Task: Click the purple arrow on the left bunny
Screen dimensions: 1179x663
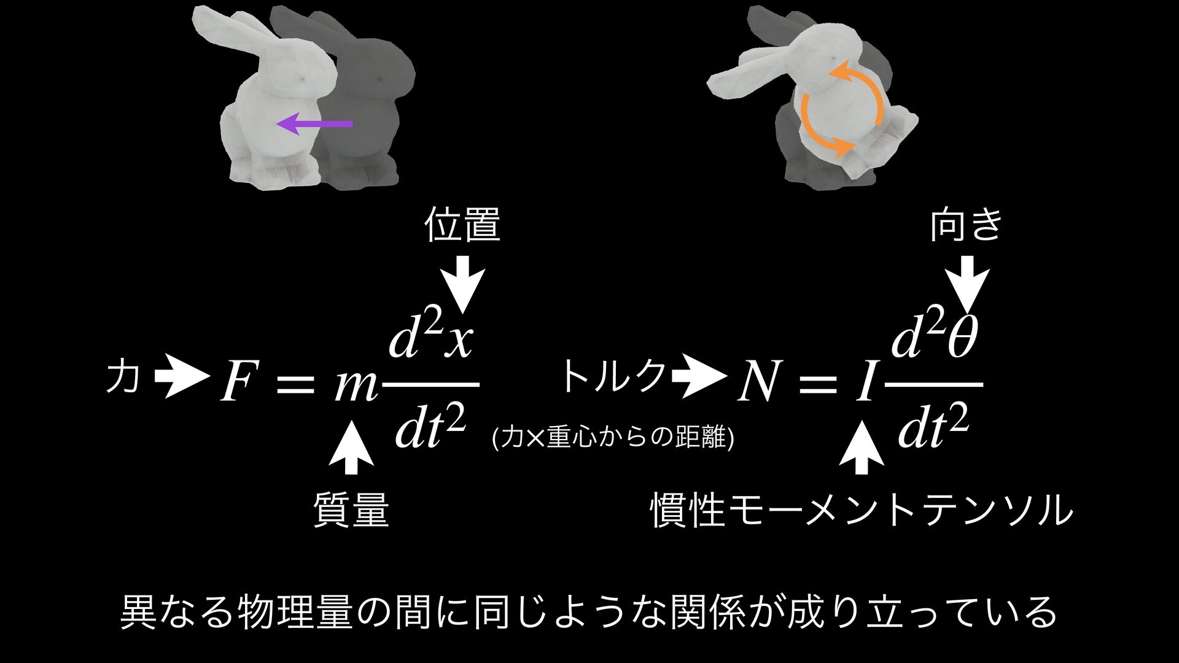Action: (x=314, y=124)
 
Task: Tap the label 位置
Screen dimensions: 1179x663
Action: (x=462, y=225)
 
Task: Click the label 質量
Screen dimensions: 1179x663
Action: (x=351, y=511)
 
